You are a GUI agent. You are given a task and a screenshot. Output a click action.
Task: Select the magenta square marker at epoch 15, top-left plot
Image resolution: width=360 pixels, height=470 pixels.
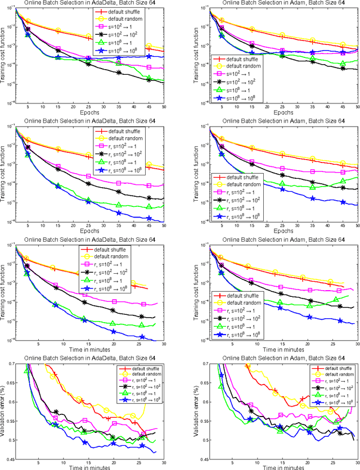pyautogui.click(x=58, y=49)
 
